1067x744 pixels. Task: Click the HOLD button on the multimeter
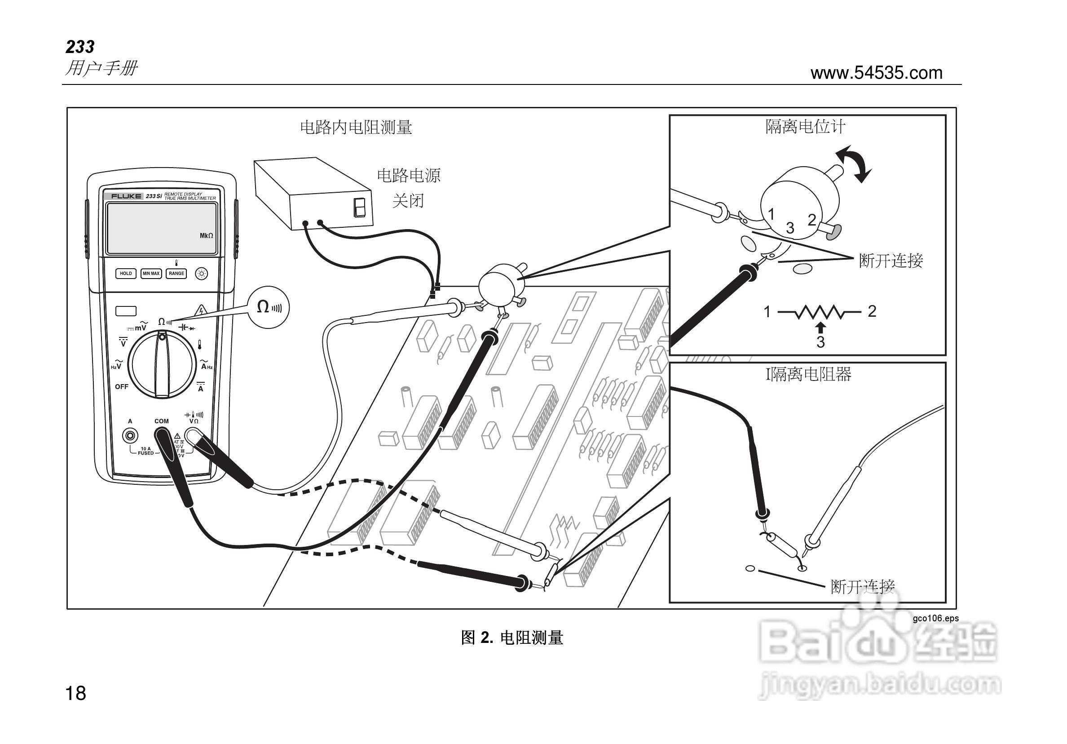[125, 274]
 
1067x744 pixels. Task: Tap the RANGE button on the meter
[176, 274]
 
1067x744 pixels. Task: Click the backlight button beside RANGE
[202, 274]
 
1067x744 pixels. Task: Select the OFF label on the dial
[121, 386]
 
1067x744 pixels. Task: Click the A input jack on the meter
[130, 436]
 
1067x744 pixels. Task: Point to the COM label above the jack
[162, 421]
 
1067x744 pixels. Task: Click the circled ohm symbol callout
[268, 307]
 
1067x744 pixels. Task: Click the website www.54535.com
[876, 73]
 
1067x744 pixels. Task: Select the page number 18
[76, 693]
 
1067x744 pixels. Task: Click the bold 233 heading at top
[80, 47]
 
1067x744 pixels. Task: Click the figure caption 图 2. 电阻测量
[511, 638]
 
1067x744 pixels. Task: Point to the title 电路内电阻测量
[356, 128]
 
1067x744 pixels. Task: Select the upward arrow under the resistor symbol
[821, 328]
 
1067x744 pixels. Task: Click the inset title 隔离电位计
[805, 127]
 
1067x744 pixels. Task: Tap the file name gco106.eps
[935, 619]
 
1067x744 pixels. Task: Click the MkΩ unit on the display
[206, 236]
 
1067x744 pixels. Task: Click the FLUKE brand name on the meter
[126, 196]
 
